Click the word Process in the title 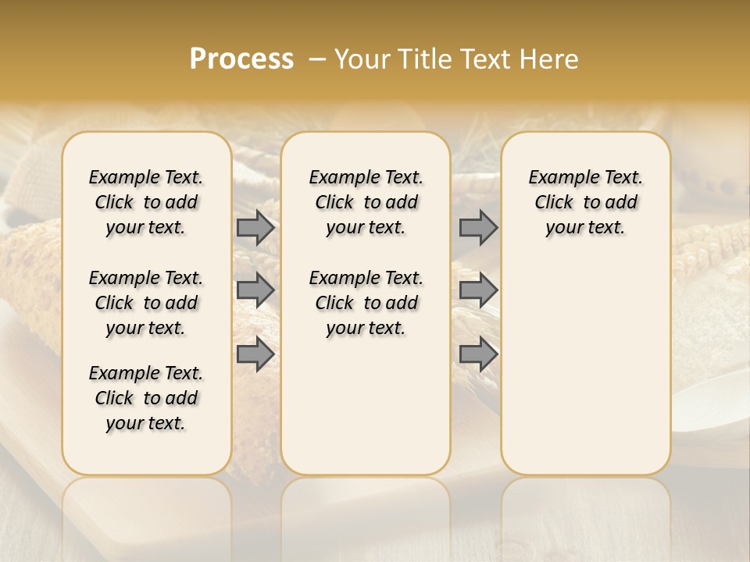tap(241, 59)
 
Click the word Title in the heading tap(424, 59)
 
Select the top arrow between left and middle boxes tap(255, 228)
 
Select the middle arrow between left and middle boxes tap(255, 290)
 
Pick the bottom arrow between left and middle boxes tap(255, 354)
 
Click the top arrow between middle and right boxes tap(478, 228)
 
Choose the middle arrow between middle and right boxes tap(478, 290)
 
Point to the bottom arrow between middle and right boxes tap(478, 354)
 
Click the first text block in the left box tap(146, 202)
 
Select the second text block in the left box tap(146, 303)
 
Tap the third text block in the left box tap(146, 398)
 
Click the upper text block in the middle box tap(366, 202)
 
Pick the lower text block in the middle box tap(366, 303)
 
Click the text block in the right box tap(585, 202)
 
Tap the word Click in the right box tap(554, 203)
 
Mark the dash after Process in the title tap(317, 59)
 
